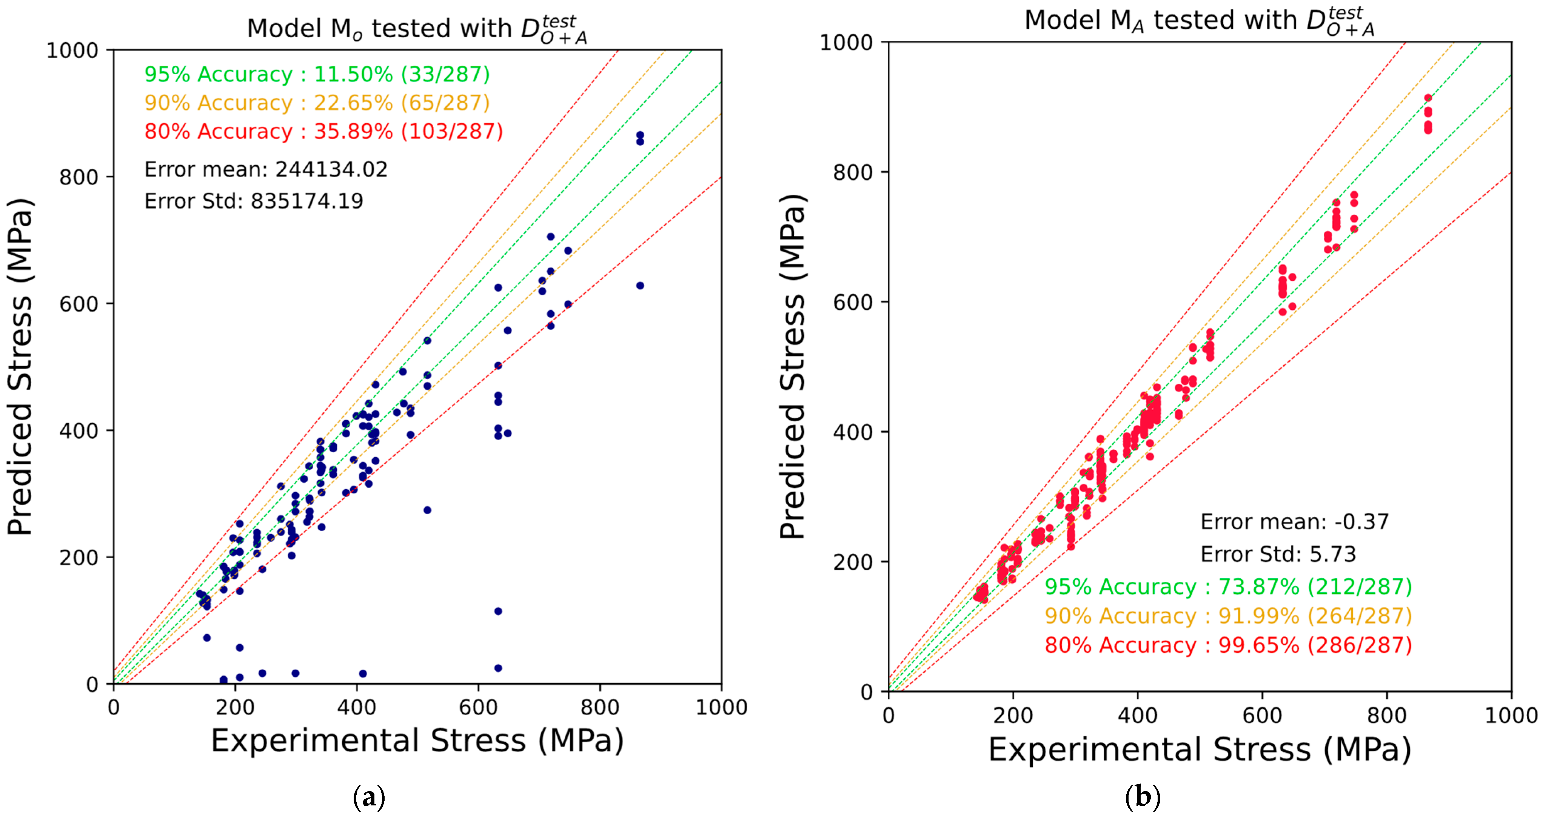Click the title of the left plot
tap(417, 29)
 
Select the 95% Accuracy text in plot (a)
tap(317, 74)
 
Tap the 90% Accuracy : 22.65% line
tap(317, 103)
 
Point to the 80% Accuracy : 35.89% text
tap(323, 131)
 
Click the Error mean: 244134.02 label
tap(266, 169)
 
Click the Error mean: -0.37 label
tap(1294, 522)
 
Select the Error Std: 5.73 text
tap(1278, 555)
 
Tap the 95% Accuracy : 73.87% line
tap(1228, 587)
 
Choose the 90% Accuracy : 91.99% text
tap(1228, 616)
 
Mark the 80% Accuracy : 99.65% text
tap(1228, 645)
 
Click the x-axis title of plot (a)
tap(417, 741)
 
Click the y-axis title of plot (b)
tap(793, 366)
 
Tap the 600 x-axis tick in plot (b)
tap(1262, 715)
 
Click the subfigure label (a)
tap(369, 797)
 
